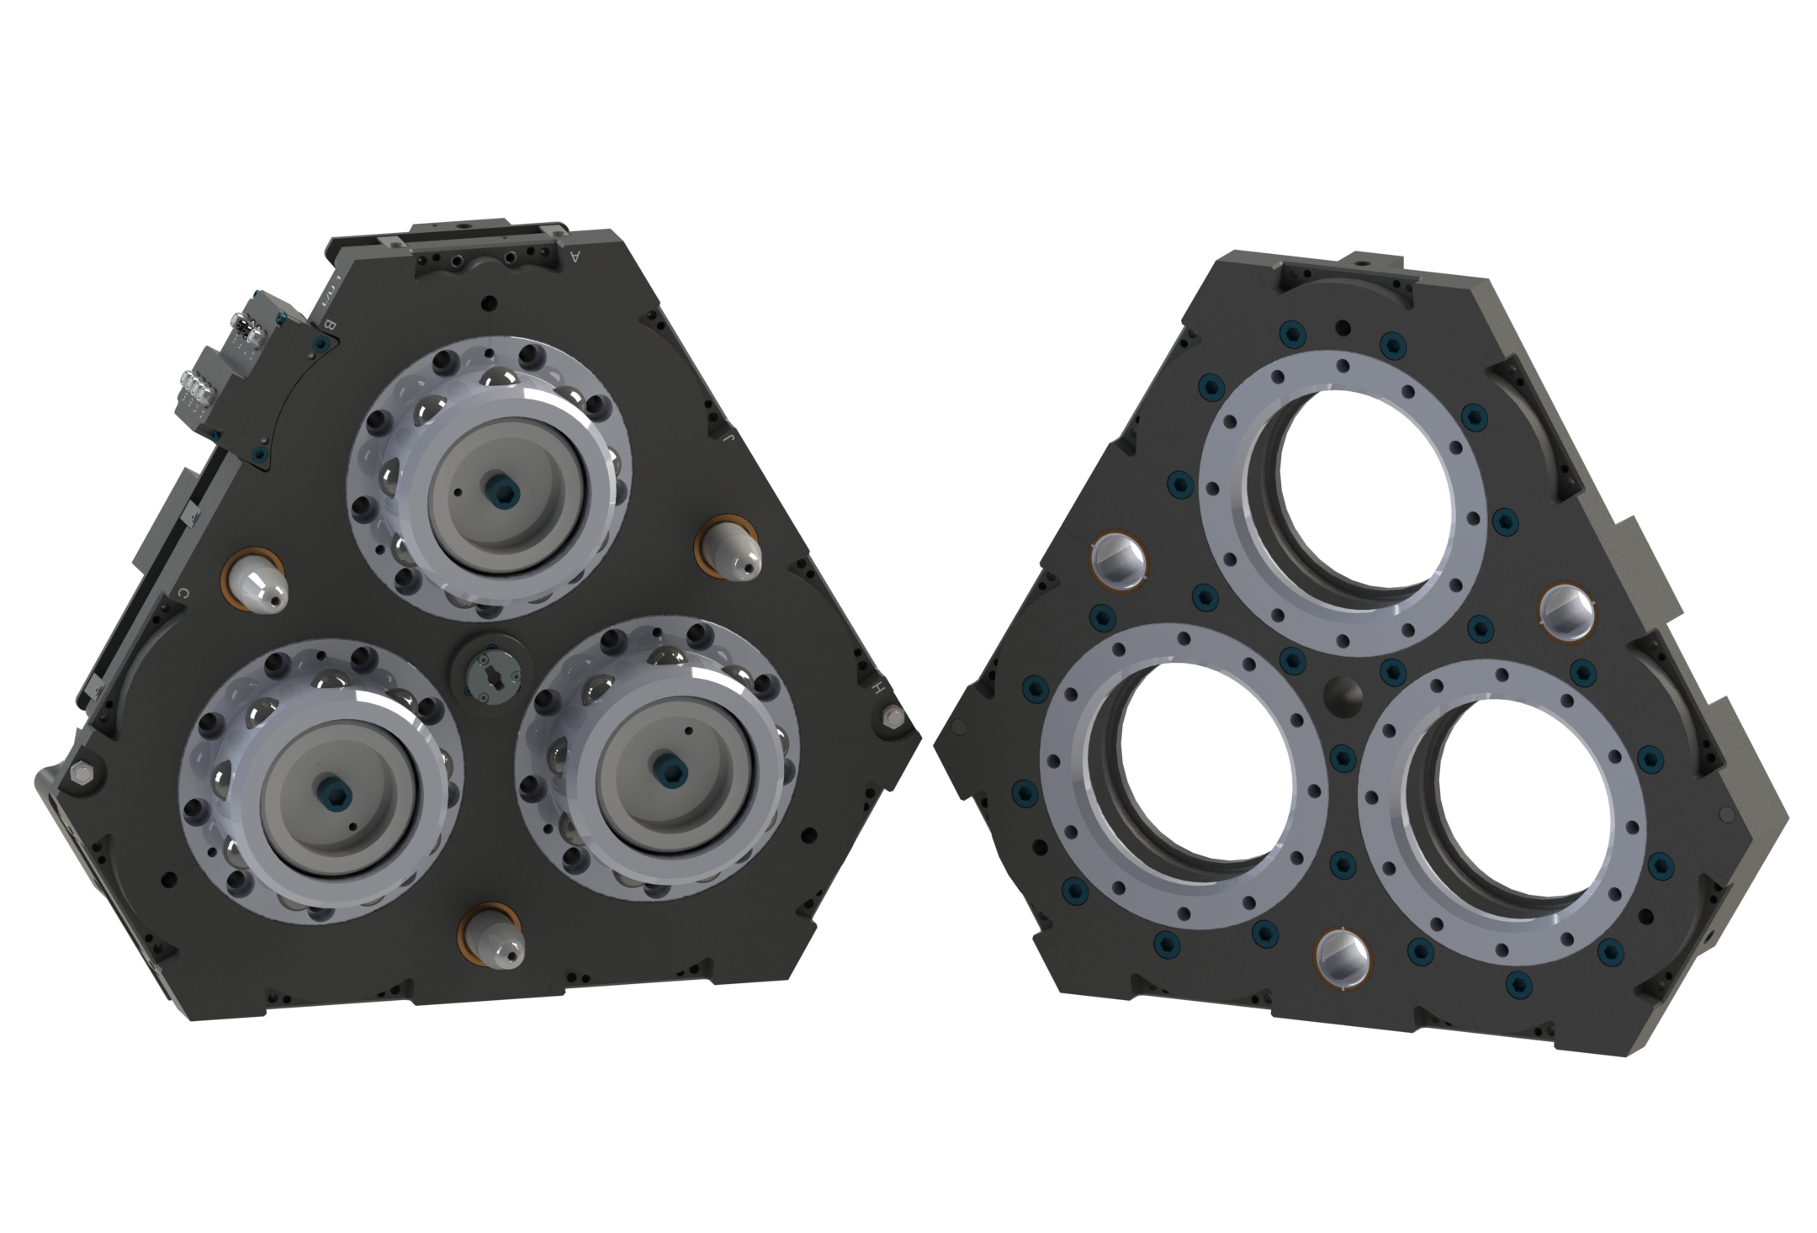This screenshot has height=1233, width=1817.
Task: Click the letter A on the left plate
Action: (575, 256)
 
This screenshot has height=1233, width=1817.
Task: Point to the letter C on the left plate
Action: (183, 594)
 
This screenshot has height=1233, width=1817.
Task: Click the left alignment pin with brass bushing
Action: (257, 582)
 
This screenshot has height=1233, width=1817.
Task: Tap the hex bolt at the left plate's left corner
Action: (80, 774)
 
